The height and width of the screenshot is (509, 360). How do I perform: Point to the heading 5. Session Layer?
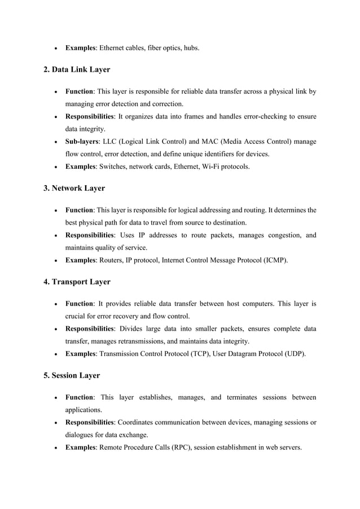[73, 375]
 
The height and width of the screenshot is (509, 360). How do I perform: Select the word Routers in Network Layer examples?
[112, 260]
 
